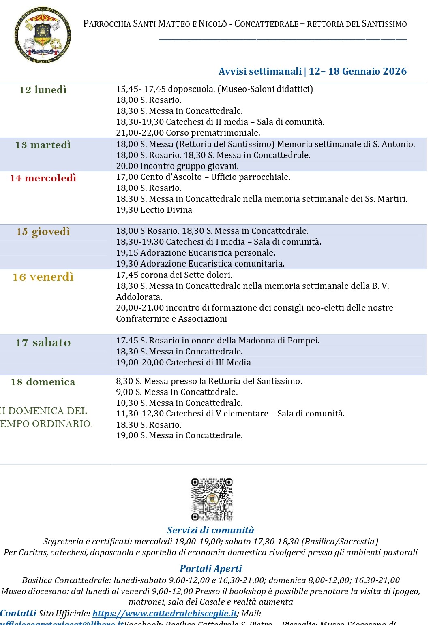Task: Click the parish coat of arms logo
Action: [42, 35]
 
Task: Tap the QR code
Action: [212, 499]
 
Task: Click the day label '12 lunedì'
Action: [43, 90]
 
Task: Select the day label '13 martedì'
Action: [43, 145]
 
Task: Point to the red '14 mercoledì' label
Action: [43, 178]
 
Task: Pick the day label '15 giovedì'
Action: [43, 232]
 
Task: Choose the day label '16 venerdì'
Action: [43, 277]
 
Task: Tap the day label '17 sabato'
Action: [43, 343]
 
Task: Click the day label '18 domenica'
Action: [43, 382]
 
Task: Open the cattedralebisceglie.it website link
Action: [165, 614]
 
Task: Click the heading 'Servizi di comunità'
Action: [210, 530]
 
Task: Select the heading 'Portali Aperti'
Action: [210, 569]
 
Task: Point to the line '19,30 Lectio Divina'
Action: [154, 210]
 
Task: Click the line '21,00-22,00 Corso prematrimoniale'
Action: [188, 133]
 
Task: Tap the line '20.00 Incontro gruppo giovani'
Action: [177, 166]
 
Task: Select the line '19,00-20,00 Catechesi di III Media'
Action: [183, 363]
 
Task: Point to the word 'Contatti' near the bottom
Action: [18, 613]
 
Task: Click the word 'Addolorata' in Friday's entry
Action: [139, 297]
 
